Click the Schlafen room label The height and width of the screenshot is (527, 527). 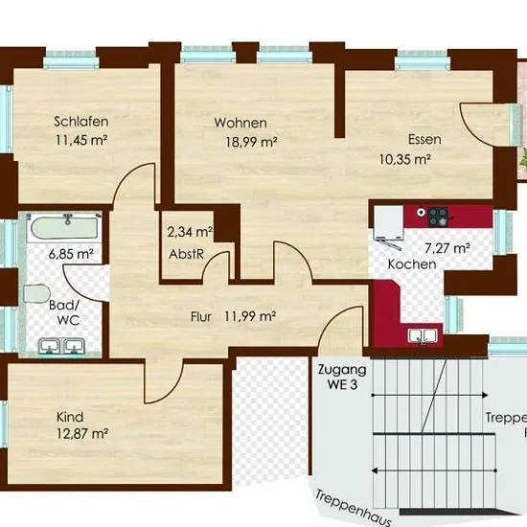[x=81, y=122]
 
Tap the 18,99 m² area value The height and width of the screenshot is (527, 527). [x=251, y=142]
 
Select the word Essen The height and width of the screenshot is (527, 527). [x=424, y=139]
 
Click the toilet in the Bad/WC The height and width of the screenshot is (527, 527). [x=36, y=294]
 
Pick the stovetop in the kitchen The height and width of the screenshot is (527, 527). [x=438, y=217]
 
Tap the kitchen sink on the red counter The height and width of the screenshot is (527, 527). [x=423, y=336]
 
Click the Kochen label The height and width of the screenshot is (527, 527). [x=412, y=264]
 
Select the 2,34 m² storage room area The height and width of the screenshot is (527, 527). [x=190, y=232]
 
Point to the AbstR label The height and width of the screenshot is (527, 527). [x=186, y=254]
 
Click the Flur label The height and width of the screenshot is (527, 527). [x=201, y=316]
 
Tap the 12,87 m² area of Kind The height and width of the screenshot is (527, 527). [x=82, y=433]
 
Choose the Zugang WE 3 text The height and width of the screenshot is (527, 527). [x=342, y=377]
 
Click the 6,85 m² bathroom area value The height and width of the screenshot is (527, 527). [x=71, y=254]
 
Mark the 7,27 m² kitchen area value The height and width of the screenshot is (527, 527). [x=447, y=248]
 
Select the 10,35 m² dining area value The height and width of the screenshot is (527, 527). [x=405, y=159]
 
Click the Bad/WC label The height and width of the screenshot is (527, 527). [x=64, y=312]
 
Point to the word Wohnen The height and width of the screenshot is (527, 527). [x=241, y=123]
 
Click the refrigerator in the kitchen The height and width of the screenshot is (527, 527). [x=389, y=222]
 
